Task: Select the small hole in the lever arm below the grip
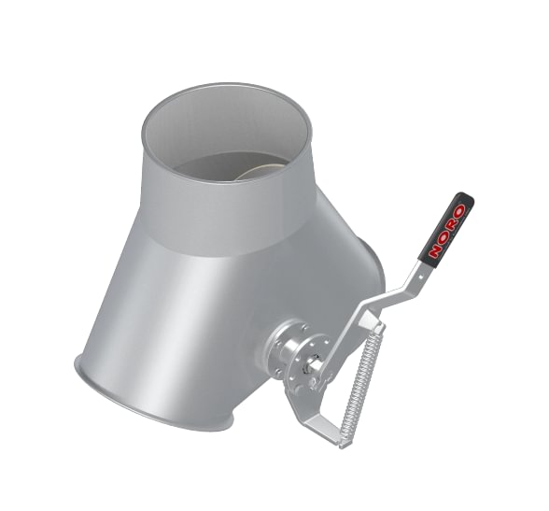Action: [x=423, y=272]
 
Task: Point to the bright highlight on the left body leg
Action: [x=173, y=308]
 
